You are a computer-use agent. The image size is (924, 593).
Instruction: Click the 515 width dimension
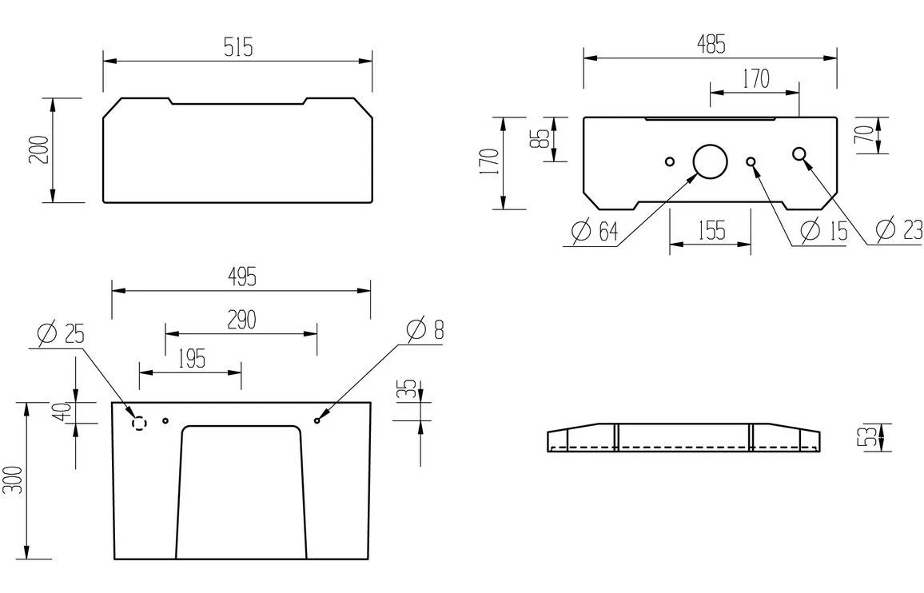[x=238, y=48]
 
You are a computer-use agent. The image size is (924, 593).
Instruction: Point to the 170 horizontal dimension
[x=755, y=79]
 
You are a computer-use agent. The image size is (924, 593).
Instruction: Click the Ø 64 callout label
[x=595, y=233]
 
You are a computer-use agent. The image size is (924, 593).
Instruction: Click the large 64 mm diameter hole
[x=709, y=161]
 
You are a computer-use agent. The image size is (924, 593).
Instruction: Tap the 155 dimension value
[x=710, y=231]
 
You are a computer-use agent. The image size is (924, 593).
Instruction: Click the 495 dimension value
[x=241, y=278]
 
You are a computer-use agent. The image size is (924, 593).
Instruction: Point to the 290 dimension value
[x=241, y=320]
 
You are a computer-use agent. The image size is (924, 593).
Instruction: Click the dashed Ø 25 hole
[x=139, y=423]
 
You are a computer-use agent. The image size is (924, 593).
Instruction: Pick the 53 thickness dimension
[x=863, y=437]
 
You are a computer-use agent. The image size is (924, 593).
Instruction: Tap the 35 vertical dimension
[x=408, y=391]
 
